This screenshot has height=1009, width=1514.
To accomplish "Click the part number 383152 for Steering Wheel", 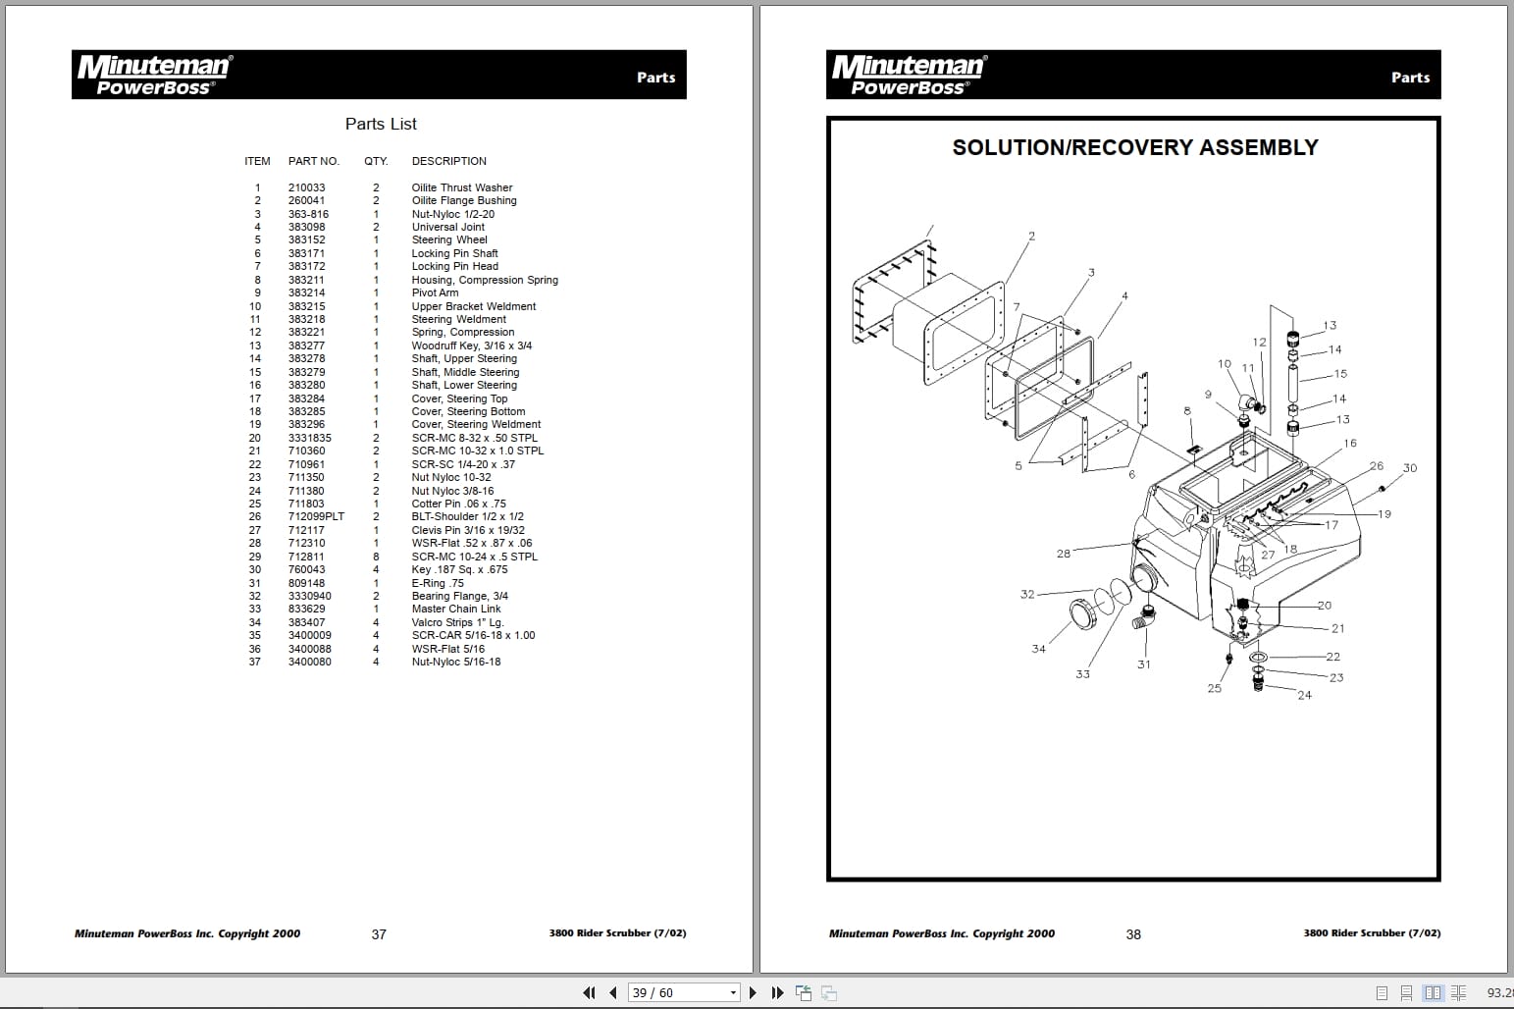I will [x=306, y=240].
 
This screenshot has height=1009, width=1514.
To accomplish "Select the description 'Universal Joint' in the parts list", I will [x=447, y=227].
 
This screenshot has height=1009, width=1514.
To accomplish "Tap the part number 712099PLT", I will [x=316, y=516].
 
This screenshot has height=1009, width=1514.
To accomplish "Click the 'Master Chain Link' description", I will [x=455, y=609].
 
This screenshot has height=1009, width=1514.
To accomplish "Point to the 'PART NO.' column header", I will [x=313, y=161].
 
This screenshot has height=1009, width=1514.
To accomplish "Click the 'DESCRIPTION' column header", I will [x=448, y=161].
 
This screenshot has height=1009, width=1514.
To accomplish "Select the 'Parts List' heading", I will [x=381, y=124].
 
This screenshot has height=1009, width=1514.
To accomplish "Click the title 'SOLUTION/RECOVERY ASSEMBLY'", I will [x=1134, y=147].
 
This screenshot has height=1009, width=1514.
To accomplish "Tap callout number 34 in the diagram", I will [x=1038, y=649].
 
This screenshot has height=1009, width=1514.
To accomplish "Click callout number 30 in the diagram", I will [x=1409, y=468].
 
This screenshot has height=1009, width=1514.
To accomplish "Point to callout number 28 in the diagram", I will [x=1063, y=554].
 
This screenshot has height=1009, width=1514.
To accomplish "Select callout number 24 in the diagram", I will [x=1303, y=695].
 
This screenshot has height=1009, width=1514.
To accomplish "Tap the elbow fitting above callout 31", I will [x=1145, y=620].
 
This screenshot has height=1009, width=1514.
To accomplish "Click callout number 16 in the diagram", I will [x=1349, y=444].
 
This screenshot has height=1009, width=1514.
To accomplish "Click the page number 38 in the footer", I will [x=1132, y=934].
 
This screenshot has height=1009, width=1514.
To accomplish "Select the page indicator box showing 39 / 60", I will [x=683, y=992].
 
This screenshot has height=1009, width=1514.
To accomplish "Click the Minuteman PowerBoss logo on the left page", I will [x=154, y=75].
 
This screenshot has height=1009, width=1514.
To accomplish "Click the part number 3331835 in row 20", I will [x=309, y=438].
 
